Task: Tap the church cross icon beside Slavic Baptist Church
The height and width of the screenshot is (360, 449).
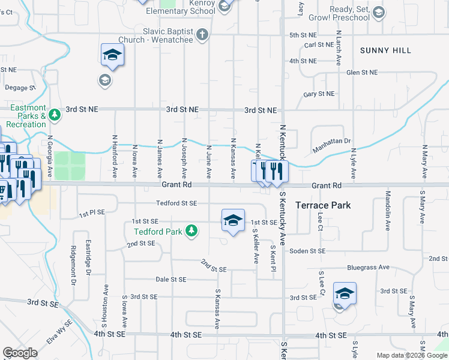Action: (203, 34)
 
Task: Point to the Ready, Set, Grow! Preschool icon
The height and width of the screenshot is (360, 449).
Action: (378, 12)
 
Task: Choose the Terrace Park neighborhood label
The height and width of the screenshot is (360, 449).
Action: (323, 205)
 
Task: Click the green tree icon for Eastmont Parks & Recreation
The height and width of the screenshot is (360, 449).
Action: (55, 114)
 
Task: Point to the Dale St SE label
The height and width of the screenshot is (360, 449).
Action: (171, 280)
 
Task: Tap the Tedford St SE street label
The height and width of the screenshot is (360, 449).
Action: (176, 203)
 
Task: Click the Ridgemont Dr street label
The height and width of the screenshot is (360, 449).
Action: (74, 265)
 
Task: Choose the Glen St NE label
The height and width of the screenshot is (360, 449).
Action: (363, 72)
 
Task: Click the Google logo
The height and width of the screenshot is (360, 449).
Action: (20, 353)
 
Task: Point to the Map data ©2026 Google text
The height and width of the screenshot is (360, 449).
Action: (411, 355)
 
